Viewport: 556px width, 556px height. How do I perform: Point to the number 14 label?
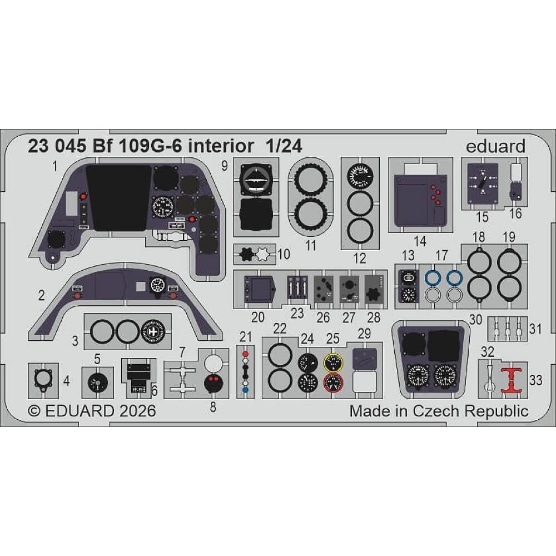pyautogui.click(x=420, y=241)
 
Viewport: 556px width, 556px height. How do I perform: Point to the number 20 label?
pyautogui.click(x=257, y=317)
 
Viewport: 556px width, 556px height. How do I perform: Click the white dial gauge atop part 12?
pyautogui.click(x=360, y=177)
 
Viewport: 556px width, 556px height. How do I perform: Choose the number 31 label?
pyautogui.click(x=535, y=329)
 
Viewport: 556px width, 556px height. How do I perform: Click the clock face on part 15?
pyautogui.click(x=481, y=182)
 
